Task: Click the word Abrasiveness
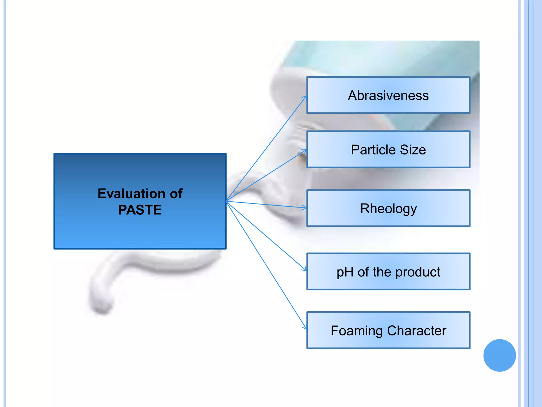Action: coord(388,95)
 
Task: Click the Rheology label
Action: coord(388,209)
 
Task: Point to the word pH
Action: coord(345,272)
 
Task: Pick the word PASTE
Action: coord(140,210)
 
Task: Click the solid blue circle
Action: coord(499,355)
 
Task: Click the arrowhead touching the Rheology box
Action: coord(305,208)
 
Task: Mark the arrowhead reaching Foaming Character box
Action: coord(305,328)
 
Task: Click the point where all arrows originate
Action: coord(226,201)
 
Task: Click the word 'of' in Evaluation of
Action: coord(176,194)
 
